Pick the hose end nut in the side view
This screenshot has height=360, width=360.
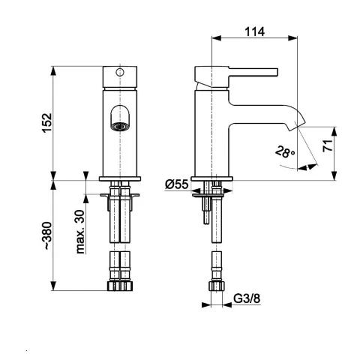pos(215,286)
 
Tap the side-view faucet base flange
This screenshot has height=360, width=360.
pos(215,179)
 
